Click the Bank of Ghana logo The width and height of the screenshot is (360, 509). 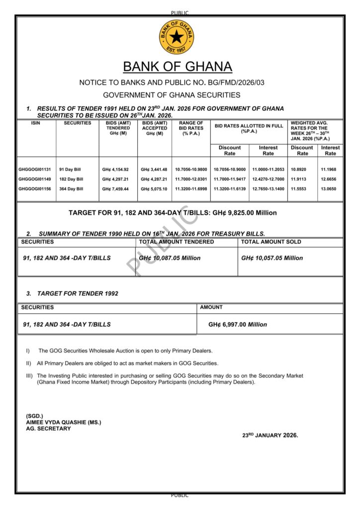(177, 37)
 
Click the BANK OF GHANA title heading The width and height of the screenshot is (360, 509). (178, 67)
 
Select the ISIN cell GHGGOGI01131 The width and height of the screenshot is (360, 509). (35, 170)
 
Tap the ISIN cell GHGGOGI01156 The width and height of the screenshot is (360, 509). (35, 189)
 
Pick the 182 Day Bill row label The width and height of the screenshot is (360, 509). (71, 179)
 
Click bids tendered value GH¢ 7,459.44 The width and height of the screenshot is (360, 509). (115, 189)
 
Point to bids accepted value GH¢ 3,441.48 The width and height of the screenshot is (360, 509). (154, 170)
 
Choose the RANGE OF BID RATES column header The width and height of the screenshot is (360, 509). (191, 128)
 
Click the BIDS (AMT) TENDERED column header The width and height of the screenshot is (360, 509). (118, 128)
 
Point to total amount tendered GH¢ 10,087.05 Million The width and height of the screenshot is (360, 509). (170, 258)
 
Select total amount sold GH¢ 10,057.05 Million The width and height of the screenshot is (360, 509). (272, 258)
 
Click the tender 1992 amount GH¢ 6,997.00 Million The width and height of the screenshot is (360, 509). (238, 324)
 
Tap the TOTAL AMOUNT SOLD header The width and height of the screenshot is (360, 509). (271, 242)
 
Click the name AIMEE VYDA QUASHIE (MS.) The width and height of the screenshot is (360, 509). (64, 422)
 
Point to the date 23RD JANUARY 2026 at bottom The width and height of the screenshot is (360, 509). (270, 435)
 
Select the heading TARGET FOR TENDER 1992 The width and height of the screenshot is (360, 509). (78, 293)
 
